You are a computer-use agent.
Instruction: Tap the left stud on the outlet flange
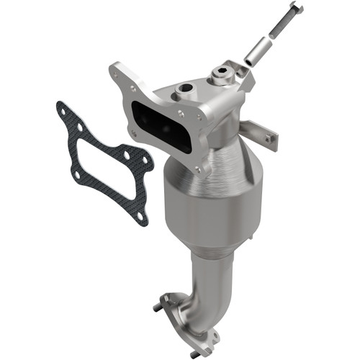157,307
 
